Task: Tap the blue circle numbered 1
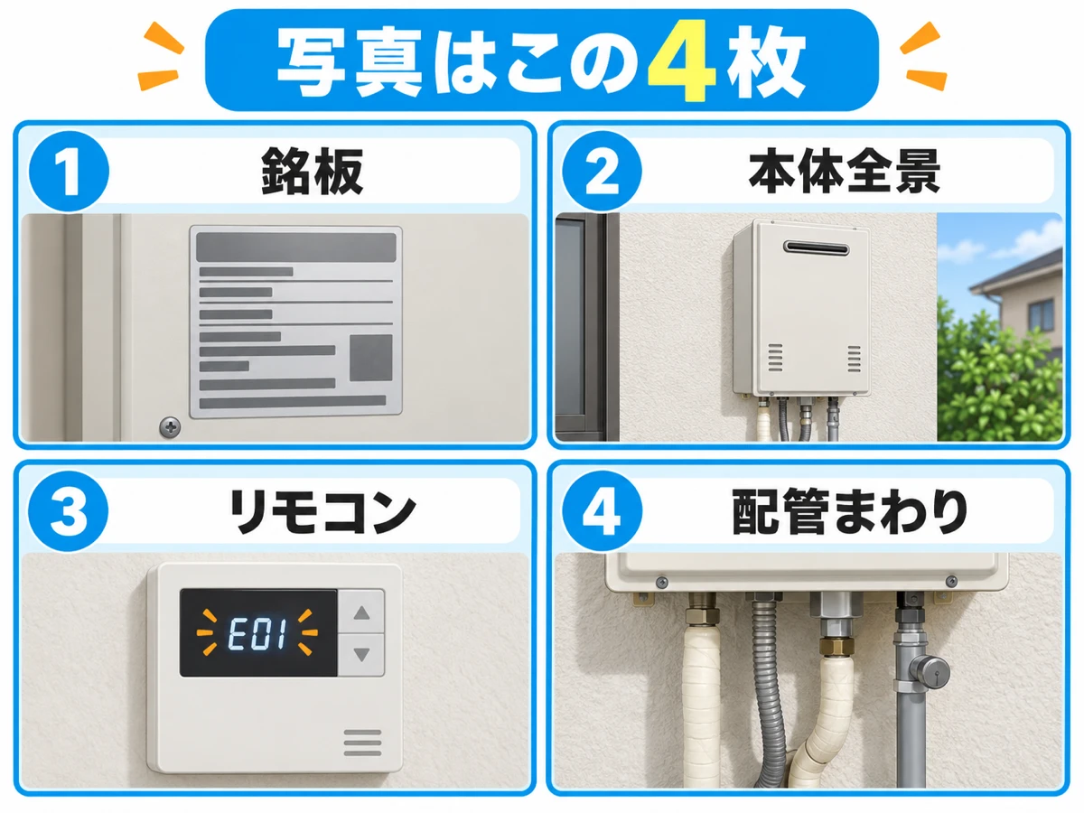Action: [70, 172]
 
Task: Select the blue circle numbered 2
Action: [602, 172]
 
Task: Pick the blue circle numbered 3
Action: [68, 511]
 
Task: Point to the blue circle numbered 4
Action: [603, 511]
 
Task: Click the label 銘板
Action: [313, 172]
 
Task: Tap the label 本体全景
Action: [845, 172]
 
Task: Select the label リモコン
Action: [323, 511]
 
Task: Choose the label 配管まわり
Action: [849, 511]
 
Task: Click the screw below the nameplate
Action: [170, 427]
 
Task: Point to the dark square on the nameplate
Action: [371, 358]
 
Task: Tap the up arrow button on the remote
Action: [361, 612]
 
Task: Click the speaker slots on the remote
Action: [362, 743]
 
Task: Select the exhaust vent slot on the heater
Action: [817, 248]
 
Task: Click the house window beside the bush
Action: [1042, 315]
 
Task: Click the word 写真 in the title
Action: [350, 62]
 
